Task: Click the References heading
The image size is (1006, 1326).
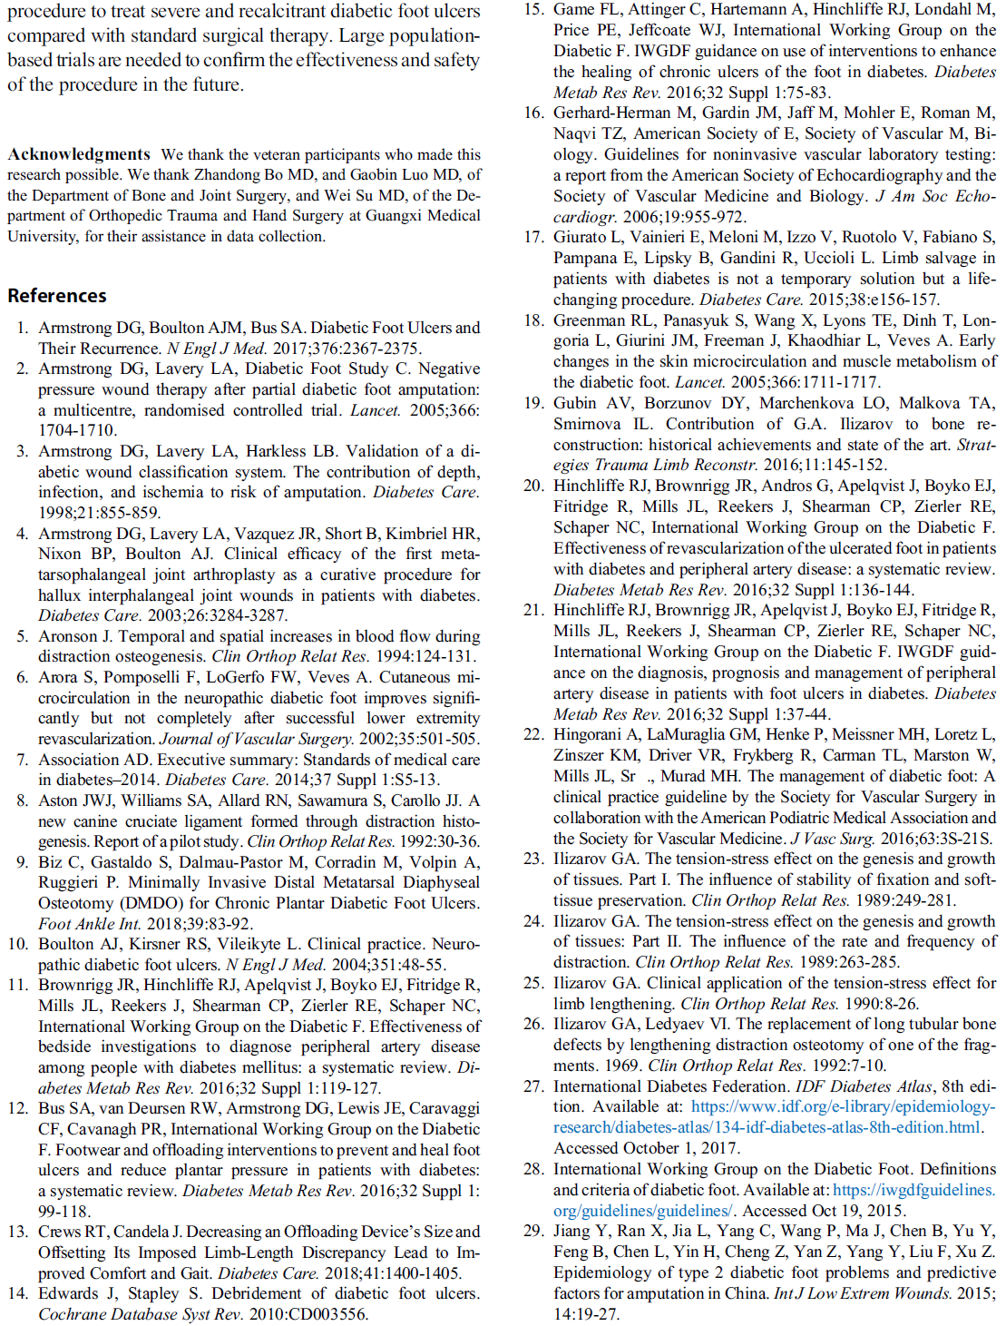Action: pos(57,296)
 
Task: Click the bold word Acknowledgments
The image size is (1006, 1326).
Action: pos(79,154)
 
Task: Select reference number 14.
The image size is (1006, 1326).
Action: pos(17,1293)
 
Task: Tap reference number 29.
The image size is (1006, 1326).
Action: pos(533,1231)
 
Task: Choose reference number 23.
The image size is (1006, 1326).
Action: pos(533,859)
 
